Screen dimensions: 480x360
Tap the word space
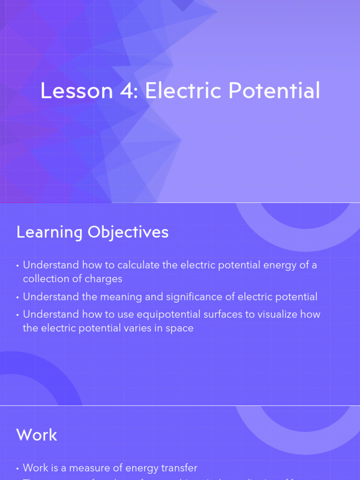point(180,329)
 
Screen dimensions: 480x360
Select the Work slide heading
point(37,435)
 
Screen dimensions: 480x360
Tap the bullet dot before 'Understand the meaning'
point(18,297)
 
